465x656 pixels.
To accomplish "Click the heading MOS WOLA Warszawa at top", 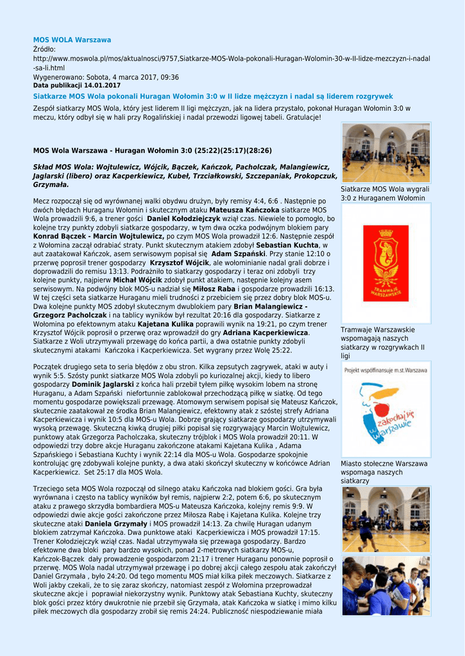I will pos(72,40).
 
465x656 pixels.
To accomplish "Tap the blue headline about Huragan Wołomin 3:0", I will pos(213,95).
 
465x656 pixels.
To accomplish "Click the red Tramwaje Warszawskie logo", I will pos(385,263).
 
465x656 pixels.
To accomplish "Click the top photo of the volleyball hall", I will pos(385,153).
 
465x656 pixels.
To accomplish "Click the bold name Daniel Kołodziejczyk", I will pos(183,218).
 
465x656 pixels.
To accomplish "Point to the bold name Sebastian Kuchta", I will pos(287,245).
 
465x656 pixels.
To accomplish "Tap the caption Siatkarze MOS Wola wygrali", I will pos(385,193).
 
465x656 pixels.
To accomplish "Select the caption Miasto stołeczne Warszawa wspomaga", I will pos(384,472).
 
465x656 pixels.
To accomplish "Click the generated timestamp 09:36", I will pos(168,77).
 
